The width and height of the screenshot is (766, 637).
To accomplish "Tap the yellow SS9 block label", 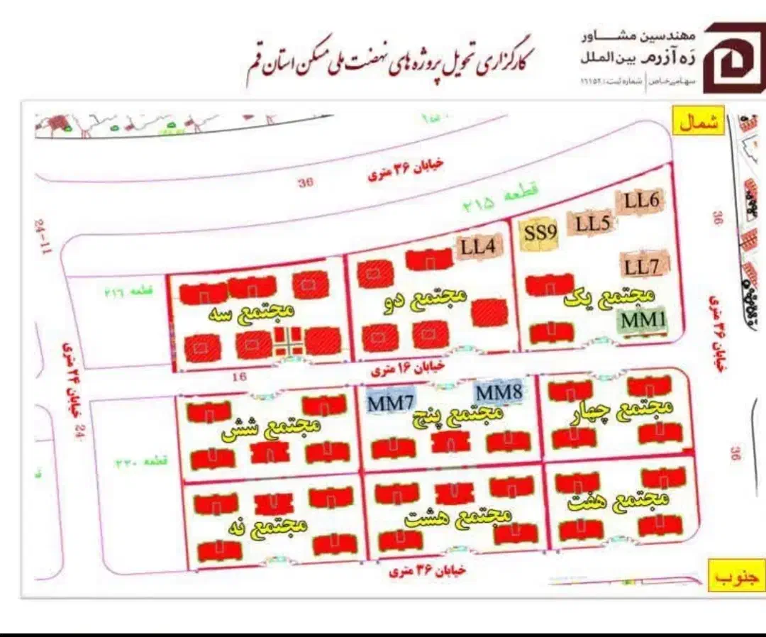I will pos(540,231).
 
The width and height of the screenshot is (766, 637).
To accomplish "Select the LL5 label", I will pos(592,224).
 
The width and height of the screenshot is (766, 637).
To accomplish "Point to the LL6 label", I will pos(642,201).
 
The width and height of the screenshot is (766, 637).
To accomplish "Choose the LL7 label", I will pos(643,267).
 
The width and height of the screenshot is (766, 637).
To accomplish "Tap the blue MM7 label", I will pos(389,403).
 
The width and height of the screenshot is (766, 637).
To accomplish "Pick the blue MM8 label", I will pos(498,392).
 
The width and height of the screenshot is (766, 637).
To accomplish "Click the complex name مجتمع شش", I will pos(272,428).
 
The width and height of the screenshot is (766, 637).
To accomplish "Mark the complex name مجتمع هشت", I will pos(458,516).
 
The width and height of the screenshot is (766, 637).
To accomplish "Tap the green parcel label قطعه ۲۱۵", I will pos(501,199).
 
